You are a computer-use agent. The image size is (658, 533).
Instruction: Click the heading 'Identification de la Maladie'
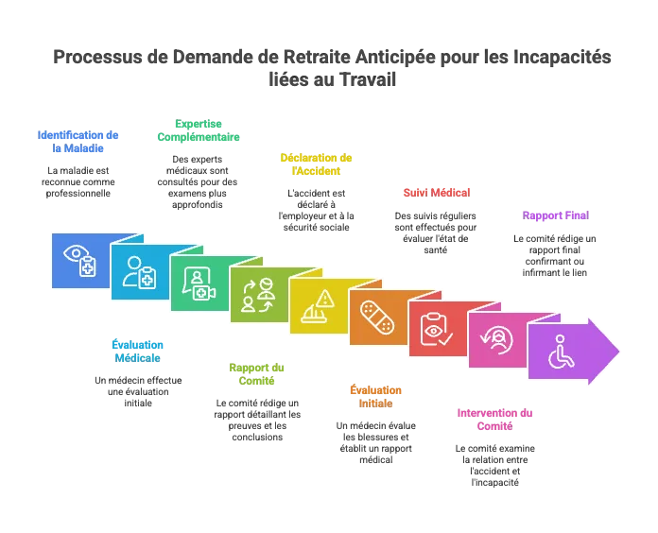78,142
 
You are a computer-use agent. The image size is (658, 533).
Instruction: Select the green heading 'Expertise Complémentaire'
199,130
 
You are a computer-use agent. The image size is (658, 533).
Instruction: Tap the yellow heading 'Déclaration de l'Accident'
316,164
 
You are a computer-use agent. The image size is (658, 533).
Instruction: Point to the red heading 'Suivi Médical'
437,193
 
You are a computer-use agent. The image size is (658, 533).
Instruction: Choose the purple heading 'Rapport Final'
556,215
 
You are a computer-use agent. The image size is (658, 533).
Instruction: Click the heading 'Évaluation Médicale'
138,352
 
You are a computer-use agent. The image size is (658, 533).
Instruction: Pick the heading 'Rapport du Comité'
256,374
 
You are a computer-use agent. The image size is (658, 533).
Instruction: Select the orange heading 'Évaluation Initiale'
375,397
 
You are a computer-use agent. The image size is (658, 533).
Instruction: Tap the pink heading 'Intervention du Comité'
494,420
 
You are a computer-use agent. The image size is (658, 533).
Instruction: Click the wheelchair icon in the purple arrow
561,352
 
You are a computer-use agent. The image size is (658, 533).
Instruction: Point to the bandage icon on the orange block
377,317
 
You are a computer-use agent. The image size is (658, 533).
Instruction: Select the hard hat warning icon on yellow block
318,306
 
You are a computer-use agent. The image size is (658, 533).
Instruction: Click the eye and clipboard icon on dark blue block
79,261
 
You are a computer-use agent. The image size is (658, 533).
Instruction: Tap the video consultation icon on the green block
199,284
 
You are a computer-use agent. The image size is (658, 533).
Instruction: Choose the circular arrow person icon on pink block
497,340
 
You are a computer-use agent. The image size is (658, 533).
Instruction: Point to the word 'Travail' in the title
367,79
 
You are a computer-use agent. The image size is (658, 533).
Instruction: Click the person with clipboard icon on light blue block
139,272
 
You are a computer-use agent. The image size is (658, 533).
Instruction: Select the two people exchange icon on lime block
258,295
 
